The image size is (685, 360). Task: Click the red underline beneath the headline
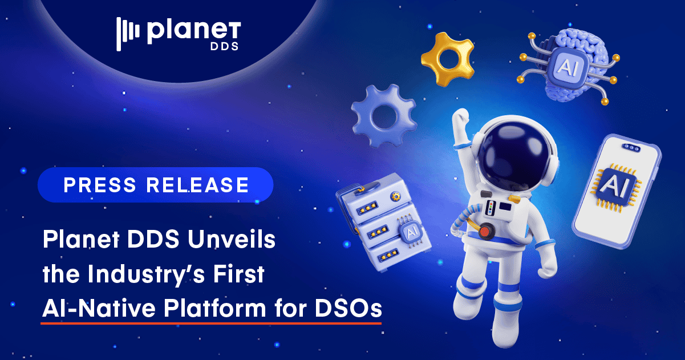[211, 323]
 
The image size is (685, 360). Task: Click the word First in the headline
[242, 274]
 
